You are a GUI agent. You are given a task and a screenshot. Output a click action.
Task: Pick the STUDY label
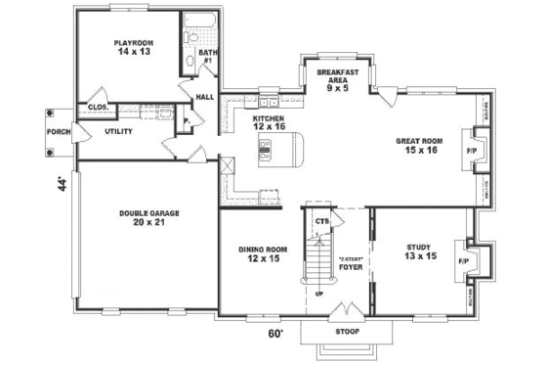417,246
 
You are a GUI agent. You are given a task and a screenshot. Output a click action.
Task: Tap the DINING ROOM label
261,249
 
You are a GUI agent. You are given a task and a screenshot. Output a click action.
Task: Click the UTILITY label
119,130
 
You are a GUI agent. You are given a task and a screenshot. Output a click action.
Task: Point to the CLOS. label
98,107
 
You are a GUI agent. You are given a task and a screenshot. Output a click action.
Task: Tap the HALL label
205,97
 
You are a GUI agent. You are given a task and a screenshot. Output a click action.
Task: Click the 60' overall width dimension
276,334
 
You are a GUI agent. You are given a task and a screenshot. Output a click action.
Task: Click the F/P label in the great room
472,152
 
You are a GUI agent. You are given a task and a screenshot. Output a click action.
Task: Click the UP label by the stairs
318,292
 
